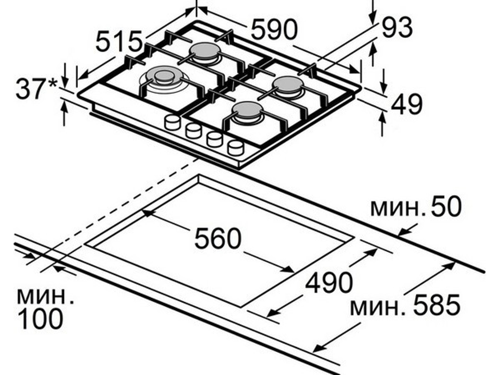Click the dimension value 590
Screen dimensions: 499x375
point(274,29)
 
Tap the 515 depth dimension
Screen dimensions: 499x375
point(118,41)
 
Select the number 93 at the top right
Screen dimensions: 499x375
point(397,27)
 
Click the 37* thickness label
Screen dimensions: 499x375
point(37,88)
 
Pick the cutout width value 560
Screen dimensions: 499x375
point(218,238)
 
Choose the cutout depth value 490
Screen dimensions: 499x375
point(329,282)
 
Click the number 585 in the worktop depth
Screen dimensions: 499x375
point(437,304)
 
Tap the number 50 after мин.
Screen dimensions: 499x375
point(446,206)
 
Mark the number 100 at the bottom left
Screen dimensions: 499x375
point(40,319)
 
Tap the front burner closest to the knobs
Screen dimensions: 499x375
point(248,112)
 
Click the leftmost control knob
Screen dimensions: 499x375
point(172,122)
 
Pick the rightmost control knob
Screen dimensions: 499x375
point(236,147)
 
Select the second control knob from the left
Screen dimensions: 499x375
point(194,130)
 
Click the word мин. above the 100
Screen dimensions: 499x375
point(45,296)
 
